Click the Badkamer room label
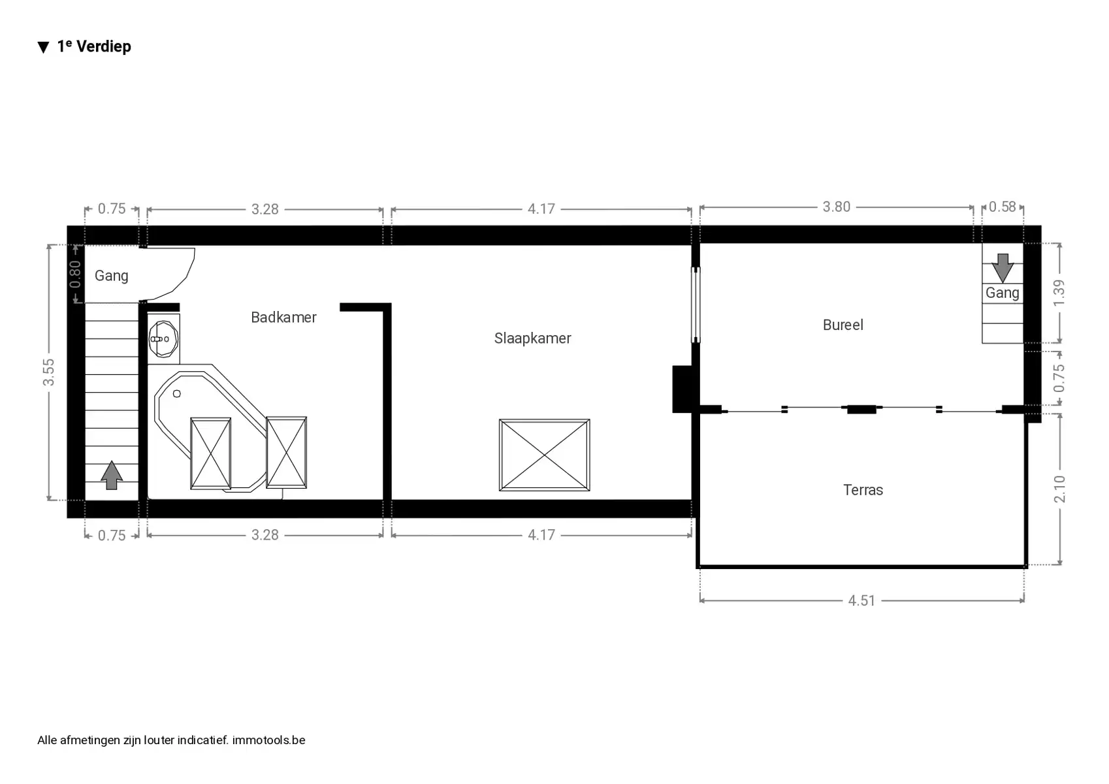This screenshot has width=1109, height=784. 283,317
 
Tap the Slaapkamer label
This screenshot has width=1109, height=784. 532,338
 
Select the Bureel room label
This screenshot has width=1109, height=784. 843,325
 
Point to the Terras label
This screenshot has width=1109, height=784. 863,490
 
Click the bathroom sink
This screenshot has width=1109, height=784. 163,339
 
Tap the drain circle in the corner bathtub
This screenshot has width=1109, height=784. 177,394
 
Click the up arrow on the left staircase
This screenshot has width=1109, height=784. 112,476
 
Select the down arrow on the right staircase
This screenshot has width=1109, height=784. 1003,268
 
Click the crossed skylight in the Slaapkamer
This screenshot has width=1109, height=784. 544,455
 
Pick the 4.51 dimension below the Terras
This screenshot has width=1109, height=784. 861,601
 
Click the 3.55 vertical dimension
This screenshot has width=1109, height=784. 48,372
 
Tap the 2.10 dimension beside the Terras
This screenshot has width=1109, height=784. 1059,489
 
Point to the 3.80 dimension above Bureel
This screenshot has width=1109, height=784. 836,206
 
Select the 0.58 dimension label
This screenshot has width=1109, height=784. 1002,206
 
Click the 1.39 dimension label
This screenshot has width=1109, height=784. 1059,293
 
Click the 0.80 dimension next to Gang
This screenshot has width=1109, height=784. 74,274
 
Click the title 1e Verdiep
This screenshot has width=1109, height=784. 94,46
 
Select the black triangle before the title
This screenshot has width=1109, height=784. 44,47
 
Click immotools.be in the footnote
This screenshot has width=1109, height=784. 269,740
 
